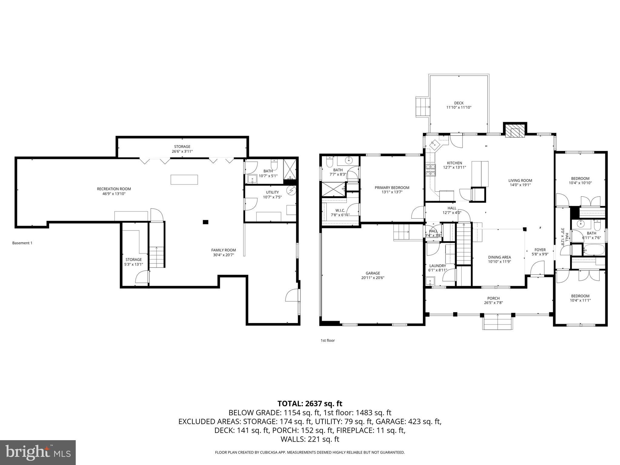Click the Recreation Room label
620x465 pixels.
coord(114,189)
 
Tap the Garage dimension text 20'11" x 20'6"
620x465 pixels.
coord(373,278)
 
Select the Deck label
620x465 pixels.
coord(459,103)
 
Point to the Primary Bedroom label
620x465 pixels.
coord(392,188)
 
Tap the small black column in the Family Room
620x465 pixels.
coord(205,222)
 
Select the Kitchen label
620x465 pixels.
coord(454,163)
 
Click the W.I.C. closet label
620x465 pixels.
coord(340,210)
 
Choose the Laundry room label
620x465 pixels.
coord(437,266)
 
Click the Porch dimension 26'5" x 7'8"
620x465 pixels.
coord(493,303)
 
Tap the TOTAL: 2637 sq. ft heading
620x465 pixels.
coord(310,404)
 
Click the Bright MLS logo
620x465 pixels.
coord(38,453)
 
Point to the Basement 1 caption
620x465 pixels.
coord(22,243)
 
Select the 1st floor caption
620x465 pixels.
coord(327,340)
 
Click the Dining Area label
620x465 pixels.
coord(499,257)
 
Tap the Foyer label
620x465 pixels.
coord(540,250)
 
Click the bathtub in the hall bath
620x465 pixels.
coord(594,250)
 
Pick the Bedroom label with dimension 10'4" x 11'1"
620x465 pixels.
coord(580,296)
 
